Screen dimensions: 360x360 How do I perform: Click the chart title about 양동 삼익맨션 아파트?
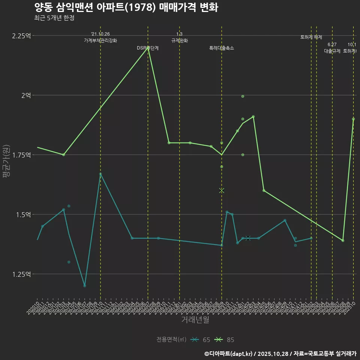[126, 7]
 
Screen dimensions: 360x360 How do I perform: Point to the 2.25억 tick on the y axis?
[22, 36]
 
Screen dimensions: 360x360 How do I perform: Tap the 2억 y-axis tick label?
[26, 96]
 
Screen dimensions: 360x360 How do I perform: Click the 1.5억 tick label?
[24, 214]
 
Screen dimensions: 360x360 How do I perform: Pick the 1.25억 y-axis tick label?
[22, 274]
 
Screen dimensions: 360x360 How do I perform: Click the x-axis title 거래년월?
[195, 319]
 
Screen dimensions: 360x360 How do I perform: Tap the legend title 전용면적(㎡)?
[171, 340]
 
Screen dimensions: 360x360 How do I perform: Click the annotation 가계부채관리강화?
[100, 40]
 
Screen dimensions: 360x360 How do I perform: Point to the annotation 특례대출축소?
[222, 48]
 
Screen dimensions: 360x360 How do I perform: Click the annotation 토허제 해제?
[311, 37]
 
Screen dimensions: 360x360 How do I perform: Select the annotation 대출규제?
[332, 51]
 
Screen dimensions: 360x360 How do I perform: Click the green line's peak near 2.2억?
[148, 48]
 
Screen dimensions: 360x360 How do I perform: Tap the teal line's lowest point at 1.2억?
[85, 286]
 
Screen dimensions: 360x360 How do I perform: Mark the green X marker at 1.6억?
[222, 190]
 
